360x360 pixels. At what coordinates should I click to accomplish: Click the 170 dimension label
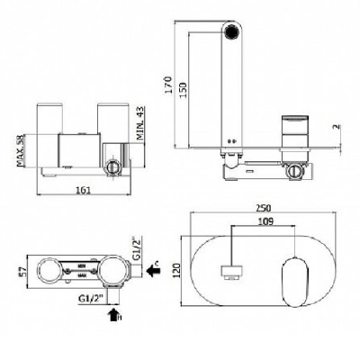[169, 85]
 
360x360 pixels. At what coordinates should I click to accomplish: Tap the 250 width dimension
[264, 208]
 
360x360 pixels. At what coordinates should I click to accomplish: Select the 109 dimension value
[265, 221]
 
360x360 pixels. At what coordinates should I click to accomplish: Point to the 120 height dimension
[176, 270]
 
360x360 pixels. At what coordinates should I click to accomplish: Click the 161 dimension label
[84, 190]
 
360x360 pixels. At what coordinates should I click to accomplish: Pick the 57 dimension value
[24, 271]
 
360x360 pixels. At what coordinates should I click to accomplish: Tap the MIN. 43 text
[140, 123]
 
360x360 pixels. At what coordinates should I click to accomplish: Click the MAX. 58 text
[21, 150]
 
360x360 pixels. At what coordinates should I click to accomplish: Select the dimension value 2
[337, 127]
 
